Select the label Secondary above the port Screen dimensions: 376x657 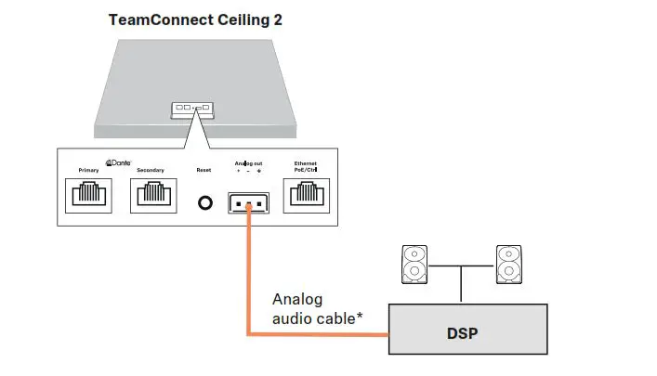point(150,170)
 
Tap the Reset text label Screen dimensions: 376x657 point(204,170)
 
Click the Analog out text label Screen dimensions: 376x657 point(247,163)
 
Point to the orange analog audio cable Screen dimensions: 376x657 point(248,279)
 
